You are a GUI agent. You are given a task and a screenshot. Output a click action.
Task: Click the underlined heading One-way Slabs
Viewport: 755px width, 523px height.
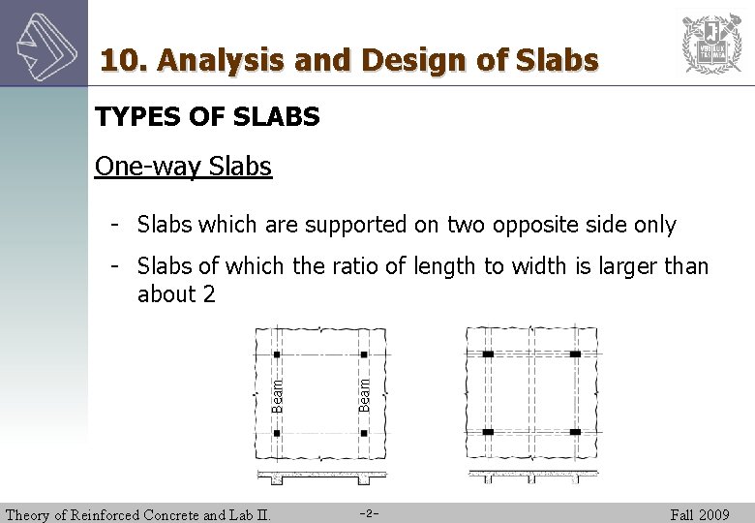(x=183, y=167)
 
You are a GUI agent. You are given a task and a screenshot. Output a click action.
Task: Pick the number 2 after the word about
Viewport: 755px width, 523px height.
(x=209, y=294)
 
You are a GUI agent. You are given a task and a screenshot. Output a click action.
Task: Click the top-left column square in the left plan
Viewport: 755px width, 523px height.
(x=277, y=354)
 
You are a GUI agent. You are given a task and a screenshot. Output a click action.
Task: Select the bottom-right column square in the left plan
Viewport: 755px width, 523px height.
(x=364, y=432)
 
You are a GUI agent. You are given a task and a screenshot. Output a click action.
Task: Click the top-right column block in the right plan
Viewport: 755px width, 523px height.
(x=575, y=354)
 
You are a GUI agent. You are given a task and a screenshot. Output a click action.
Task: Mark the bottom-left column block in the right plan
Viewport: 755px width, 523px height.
(x=488, y=431)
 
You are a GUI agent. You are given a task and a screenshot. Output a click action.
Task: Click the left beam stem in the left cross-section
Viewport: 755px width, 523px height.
(x=277, y=480)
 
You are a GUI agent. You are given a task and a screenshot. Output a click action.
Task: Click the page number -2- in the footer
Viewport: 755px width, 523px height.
(x=368, y=513)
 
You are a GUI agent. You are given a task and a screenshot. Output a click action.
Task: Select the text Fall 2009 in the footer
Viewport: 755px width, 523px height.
(x=699, y=514)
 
